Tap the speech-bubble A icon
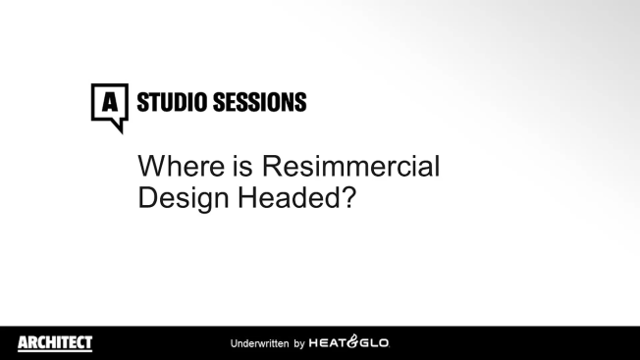tap(110, 101)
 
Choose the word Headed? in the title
tap(293, 195)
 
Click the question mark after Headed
tap(347, 195)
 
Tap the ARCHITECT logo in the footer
tap(55, 342)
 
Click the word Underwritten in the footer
tap(259, 344)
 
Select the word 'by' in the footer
tap(299, 344)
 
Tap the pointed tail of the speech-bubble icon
tap(118, 128)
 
